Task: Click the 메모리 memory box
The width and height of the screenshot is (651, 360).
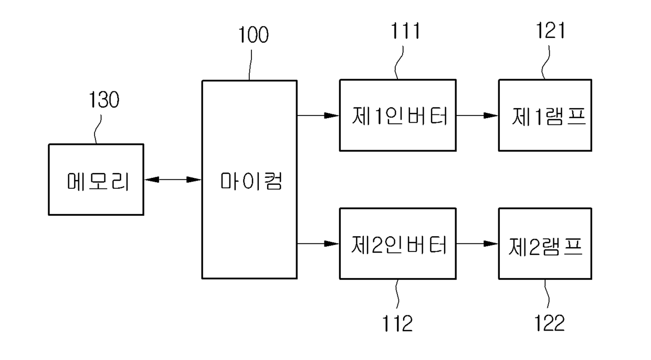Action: pyautogui.click(x=96, y=179)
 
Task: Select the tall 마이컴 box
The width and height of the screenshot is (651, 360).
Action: pyautogui.click(x=249, y=179)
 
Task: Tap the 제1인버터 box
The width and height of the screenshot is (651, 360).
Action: pyautogui.click(x=397, y=115)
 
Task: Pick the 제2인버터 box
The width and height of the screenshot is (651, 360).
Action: pyautogui.click(x=397, y=243)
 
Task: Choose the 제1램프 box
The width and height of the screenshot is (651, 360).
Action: pyautogui.click(x=545, y=115)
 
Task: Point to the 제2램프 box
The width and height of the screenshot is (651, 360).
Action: pyautogui.click(x=545, y=243)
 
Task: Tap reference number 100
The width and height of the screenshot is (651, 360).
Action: pyautogui.click(x=253, y=35)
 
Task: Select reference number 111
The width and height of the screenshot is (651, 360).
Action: pyautogui.click(x=405, y=31)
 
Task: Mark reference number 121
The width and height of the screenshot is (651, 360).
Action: pyautogui.click(x=550, y=31)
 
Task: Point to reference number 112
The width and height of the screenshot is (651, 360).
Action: pyautogui.click(x=397, y=323)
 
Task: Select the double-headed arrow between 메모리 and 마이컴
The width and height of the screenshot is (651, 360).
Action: pyautogui.click(x=173, y=179)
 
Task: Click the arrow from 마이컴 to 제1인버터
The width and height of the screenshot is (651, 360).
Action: pyautogui.click(x=318, y=115)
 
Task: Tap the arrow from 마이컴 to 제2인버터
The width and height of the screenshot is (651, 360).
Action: pyautogui.click(x=318, y=243)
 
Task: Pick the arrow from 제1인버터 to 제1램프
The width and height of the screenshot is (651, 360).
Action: pyautogui.click(x=477, y=115)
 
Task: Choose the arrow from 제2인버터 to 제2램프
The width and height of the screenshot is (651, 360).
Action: pyautogui.click(x=477, y=243)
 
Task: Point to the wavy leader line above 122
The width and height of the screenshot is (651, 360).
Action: pyautogui.click(x=548, y=295)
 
